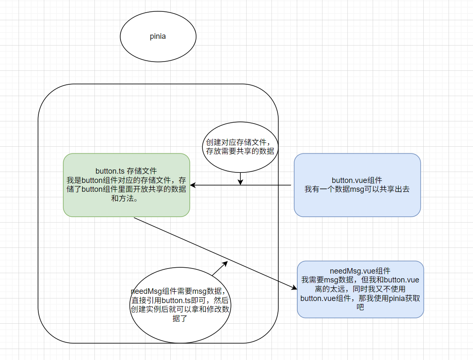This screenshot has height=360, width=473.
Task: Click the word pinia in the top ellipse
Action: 158,36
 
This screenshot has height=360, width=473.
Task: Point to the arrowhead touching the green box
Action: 193,185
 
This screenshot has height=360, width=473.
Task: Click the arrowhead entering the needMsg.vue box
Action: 294,287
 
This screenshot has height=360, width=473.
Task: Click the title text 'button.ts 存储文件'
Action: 126,171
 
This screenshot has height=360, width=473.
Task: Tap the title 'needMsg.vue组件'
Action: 360,271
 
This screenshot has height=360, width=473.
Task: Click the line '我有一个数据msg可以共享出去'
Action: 357,189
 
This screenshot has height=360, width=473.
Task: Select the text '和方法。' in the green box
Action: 126,198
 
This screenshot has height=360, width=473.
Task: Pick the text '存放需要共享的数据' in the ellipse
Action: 240,151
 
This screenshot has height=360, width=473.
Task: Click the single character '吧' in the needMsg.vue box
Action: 360,307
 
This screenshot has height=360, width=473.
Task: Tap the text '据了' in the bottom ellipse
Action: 180,318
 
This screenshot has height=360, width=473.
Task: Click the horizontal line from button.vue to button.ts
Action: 266,185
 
